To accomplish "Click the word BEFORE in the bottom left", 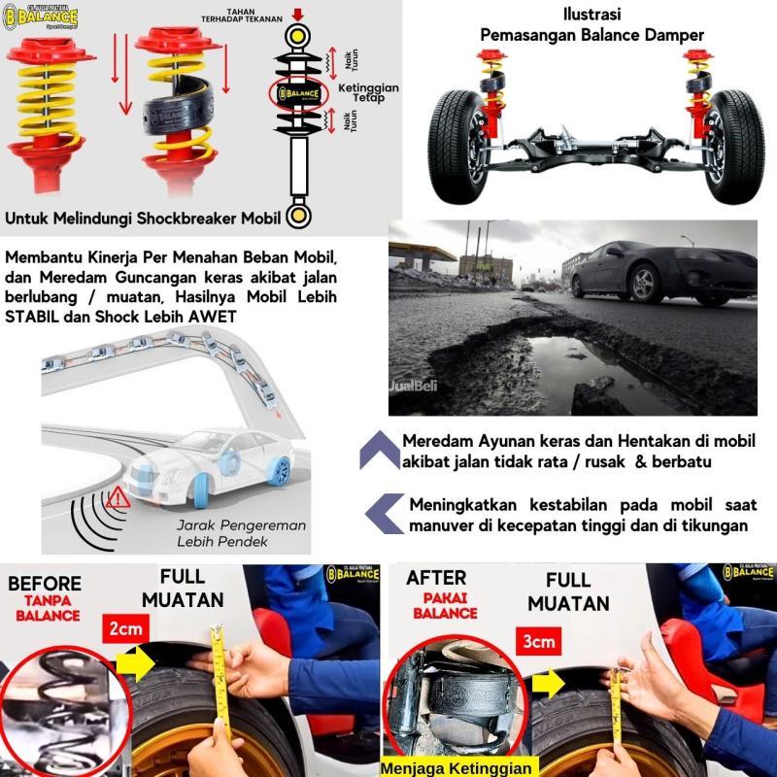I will (43, 584).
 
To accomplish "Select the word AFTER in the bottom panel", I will (436, 578).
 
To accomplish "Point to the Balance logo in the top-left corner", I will (44, 17).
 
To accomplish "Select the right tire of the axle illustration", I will (729, 146).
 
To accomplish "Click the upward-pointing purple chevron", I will (379, 451).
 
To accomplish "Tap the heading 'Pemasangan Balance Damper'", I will (592, 35).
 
